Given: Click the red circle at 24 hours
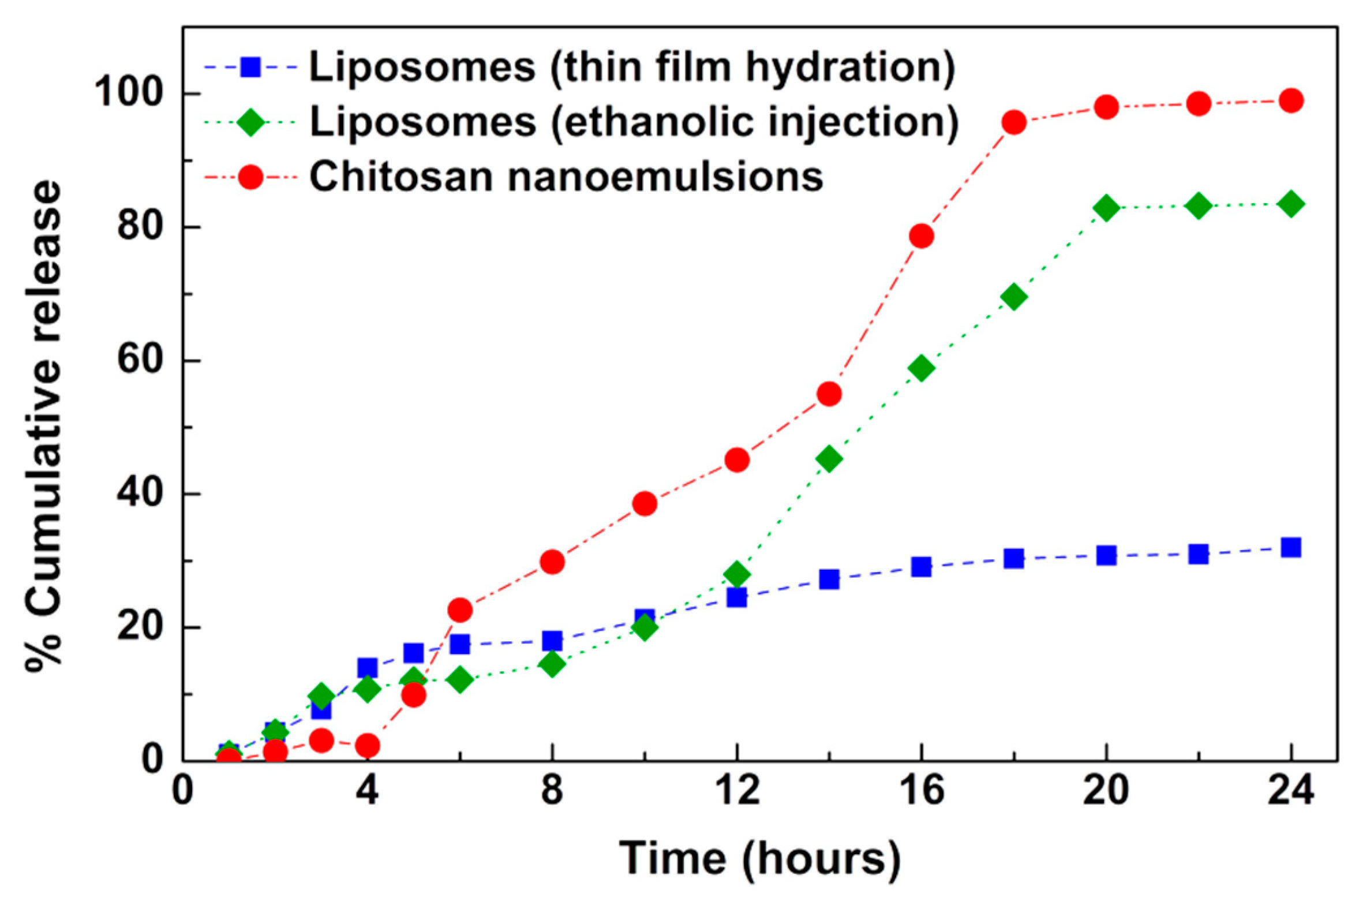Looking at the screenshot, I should (1291, 101).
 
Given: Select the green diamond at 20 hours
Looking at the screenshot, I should (1106, 207).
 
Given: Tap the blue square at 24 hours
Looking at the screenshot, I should (1291, 547).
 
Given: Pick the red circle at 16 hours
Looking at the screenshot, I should (922, 236).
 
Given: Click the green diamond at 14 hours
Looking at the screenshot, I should (829, 459).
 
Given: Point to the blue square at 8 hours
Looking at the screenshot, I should (552, 641).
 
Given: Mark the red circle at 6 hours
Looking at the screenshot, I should (460, 610).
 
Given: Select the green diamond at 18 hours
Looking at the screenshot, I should (1014, 298).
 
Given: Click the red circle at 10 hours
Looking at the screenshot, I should (645, 504).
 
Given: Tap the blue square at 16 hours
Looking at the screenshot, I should (922, 567).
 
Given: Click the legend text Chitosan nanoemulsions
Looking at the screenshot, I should (566, 177).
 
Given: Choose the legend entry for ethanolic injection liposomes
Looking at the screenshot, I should (634, 122).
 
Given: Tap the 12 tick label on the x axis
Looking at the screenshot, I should (737, 791).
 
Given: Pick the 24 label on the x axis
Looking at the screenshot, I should (1291, 791).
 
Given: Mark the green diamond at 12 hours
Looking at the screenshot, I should (737, 574).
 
